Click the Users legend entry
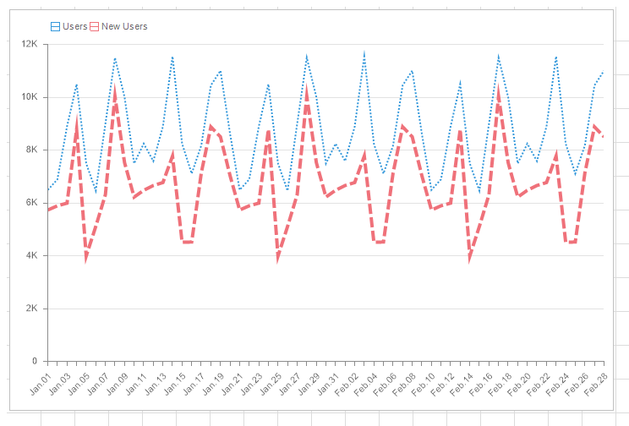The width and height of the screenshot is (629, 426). (69, 26)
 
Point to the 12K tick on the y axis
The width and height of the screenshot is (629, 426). (30, 44)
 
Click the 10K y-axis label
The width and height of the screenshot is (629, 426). (30, 96)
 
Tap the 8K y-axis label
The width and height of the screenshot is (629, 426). (32, 150)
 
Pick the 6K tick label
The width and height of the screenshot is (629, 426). (32, 203)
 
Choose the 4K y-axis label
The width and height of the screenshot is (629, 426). (32, 255)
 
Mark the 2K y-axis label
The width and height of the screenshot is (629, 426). (32, 309)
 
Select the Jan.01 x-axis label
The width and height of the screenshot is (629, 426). (41, 379)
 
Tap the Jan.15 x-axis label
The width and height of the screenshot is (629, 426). (175, 379)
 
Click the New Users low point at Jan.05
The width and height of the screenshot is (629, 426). (86, 258)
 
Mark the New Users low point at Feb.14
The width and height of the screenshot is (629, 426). (470, 258)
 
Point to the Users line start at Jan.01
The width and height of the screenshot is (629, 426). (48, 189)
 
